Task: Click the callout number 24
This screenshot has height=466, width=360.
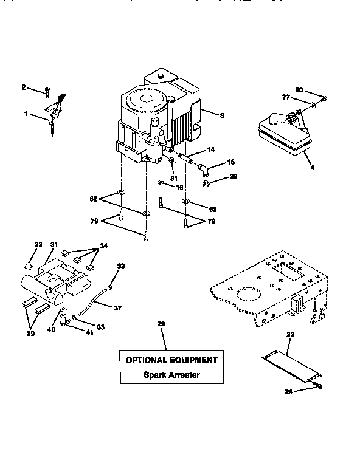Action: (289, 392)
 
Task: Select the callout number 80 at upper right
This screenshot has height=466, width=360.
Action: (299, 90)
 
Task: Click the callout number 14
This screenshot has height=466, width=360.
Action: (211, 149)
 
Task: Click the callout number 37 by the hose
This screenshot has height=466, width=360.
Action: (117, 308)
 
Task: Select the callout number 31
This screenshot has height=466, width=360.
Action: (54, 245)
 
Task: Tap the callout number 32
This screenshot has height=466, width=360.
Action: (38, 245)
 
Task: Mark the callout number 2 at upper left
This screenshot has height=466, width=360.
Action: (24, 87)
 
